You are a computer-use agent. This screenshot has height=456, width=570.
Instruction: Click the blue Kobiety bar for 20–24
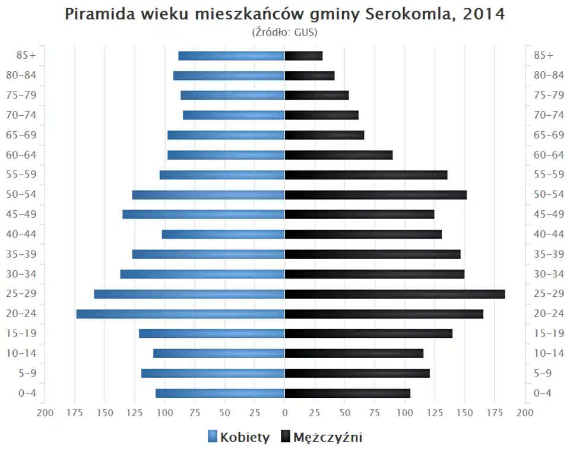coord(180,313)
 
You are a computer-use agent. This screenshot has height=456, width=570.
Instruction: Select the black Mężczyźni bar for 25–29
coord(395,294)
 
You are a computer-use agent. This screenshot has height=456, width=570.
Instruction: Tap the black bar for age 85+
coord(303,56)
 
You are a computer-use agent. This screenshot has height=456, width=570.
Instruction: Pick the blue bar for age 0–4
coord(220,393)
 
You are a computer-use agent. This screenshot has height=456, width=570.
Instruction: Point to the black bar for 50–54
coord(376,195)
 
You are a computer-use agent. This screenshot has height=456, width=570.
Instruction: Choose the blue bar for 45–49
coord(204,214)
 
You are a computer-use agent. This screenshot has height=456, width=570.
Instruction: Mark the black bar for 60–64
coord(338,155)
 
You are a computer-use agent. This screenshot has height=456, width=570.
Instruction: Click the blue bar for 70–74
coord(234,115)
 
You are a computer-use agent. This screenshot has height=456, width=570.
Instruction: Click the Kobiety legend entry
coord(239,438)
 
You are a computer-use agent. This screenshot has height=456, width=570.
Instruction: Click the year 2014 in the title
coord(484,14)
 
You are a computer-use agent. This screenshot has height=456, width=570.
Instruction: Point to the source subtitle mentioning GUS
coord(284,32)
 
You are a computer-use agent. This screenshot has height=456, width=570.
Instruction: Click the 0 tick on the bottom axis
coord(285,412)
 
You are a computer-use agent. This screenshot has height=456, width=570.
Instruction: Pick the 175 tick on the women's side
coord(75,412)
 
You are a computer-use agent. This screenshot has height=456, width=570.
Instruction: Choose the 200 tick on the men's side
coord(524,412)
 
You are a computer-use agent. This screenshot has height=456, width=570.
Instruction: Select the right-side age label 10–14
coord(549,353)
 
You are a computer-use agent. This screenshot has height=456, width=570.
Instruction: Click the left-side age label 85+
coord(27,55)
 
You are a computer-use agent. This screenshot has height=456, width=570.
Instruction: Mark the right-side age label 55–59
coord(549,175)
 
